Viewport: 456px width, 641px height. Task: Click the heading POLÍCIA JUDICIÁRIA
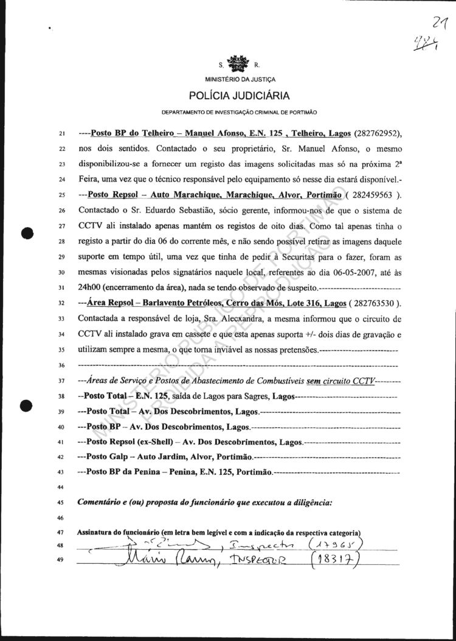tap(238, 96)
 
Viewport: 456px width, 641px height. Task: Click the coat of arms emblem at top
tap(238, 63)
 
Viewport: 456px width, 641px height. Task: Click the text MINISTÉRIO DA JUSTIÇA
tap(238, 79)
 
